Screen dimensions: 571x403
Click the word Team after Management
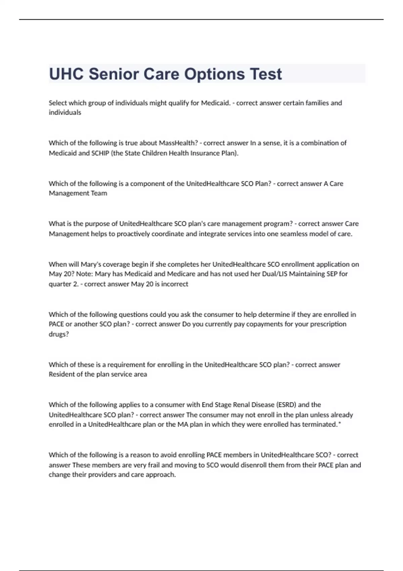tap(99, 193)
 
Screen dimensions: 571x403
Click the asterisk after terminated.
tap(340, 424)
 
